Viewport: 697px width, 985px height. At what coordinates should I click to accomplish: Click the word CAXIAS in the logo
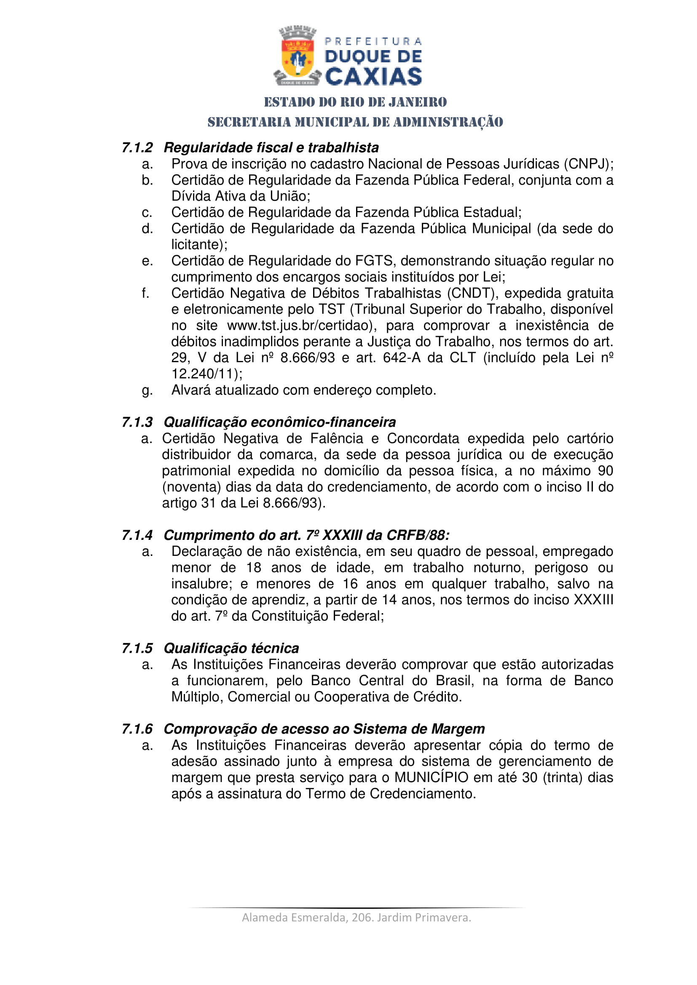373,77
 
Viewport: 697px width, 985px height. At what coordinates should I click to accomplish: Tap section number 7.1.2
137,147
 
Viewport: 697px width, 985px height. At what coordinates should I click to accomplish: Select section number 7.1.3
137,422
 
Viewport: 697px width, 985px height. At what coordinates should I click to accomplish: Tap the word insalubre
201,584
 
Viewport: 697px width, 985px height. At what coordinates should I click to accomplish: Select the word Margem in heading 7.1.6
458,729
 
